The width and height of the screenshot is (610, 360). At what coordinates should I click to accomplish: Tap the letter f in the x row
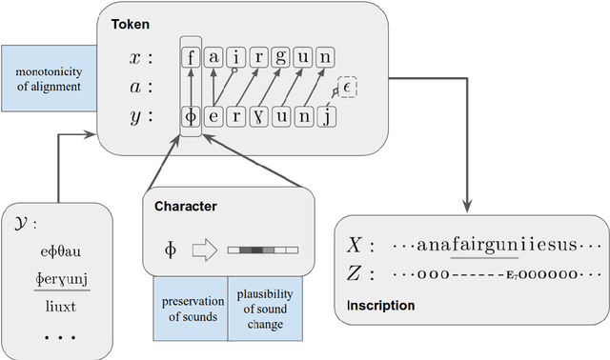tap(192, 57)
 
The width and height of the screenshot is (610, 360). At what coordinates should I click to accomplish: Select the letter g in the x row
tap(280, 57)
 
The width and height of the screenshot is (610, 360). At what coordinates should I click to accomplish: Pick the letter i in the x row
tap(235, 57)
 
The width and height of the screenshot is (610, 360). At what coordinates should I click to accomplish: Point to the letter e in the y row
tap(213, 117)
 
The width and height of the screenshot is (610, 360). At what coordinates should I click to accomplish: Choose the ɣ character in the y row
tap(257, 117)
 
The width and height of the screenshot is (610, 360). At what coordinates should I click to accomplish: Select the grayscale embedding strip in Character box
tap(263, 250)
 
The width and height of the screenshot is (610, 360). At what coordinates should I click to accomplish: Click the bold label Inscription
tap(381, 306)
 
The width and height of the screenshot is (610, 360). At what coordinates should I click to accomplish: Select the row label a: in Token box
tap(138, 88)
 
